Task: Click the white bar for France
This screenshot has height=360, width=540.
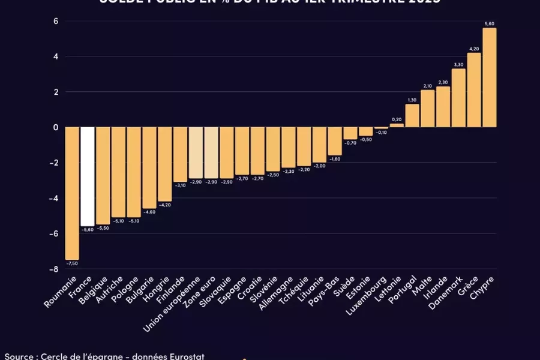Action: tap(88, 176)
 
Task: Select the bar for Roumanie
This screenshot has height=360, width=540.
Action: tap(72, 193)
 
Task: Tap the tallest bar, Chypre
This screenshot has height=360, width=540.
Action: tap(489, 78)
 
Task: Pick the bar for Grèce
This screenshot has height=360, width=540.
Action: tap(474, 90)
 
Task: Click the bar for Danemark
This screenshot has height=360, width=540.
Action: tap(458, 98)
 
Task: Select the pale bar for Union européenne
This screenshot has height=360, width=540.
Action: tap(196, 152)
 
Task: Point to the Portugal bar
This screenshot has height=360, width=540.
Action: tap(412, 116)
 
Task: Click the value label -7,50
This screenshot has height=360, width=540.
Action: tap(72, 263)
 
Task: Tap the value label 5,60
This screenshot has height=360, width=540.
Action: tap(490, 23)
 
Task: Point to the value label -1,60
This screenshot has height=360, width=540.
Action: tap(335, 159)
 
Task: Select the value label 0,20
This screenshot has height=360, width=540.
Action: tap(397, 119)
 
